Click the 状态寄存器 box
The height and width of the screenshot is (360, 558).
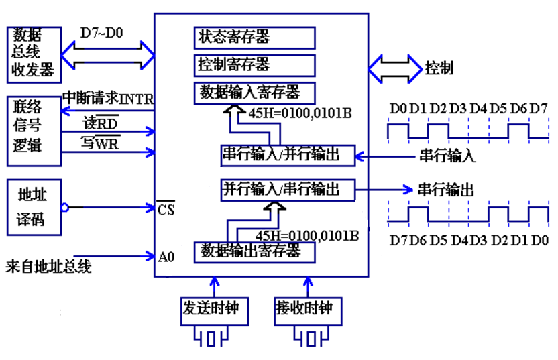pyautogui.click(x=254, y=38)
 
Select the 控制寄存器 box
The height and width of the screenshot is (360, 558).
pyautogui.click(x=254, y=65)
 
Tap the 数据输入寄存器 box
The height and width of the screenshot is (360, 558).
pyautogui.click(x=254, y=92)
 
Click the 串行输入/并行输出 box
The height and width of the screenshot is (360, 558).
pyautogui.click(x=288, y=156)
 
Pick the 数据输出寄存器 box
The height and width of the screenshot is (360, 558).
pyautogui.click(x=254, y=252)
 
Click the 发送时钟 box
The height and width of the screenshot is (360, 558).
pyautogui.click(x=211, y=310)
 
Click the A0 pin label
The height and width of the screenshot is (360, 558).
pyautogui.click(x=167, y=255)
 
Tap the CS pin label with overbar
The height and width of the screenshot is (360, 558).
pyautogui.click(x=166, y=210)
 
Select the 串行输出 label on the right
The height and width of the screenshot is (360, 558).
pyautogui.click(x=446, y=190)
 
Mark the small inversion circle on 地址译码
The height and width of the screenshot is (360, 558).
pyautogui.click(x=65, y=208)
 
